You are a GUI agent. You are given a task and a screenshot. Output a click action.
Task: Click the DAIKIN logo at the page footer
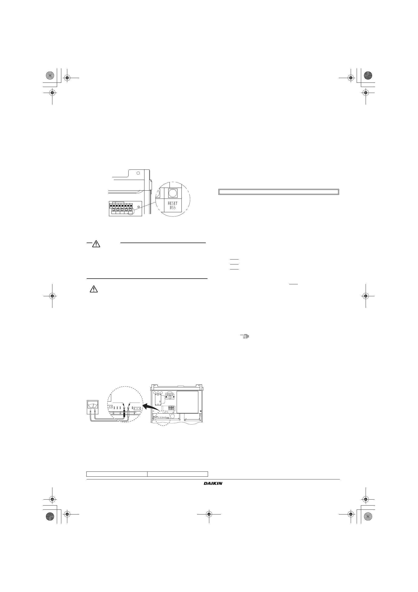click(213, 483)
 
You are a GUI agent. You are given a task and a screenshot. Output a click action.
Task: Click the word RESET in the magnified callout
click(173, 203)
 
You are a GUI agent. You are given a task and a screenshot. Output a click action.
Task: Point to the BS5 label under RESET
click(173, 208)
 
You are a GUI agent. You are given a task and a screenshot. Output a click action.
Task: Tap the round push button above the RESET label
click(173, 193)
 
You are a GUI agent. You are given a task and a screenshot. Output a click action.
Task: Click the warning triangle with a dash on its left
click(96, 244)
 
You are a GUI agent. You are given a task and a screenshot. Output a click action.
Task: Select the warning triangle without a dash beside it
click(94, 289)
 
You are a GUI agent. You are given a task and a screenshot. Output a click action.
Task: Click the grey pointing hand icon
click(245, 336)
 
